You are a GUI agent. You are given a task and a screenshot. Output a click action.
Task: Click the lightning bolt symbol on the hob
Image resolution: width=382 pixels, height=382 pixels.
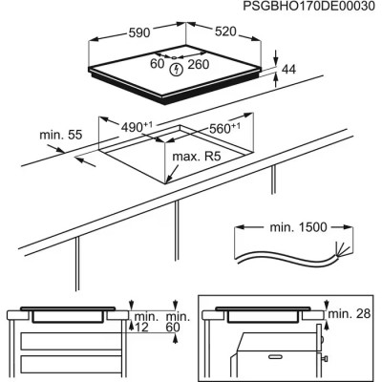177,69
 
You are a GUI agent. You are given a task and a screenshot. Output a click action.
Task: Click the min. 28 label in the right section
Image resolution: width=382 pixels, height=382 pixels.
346,313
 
